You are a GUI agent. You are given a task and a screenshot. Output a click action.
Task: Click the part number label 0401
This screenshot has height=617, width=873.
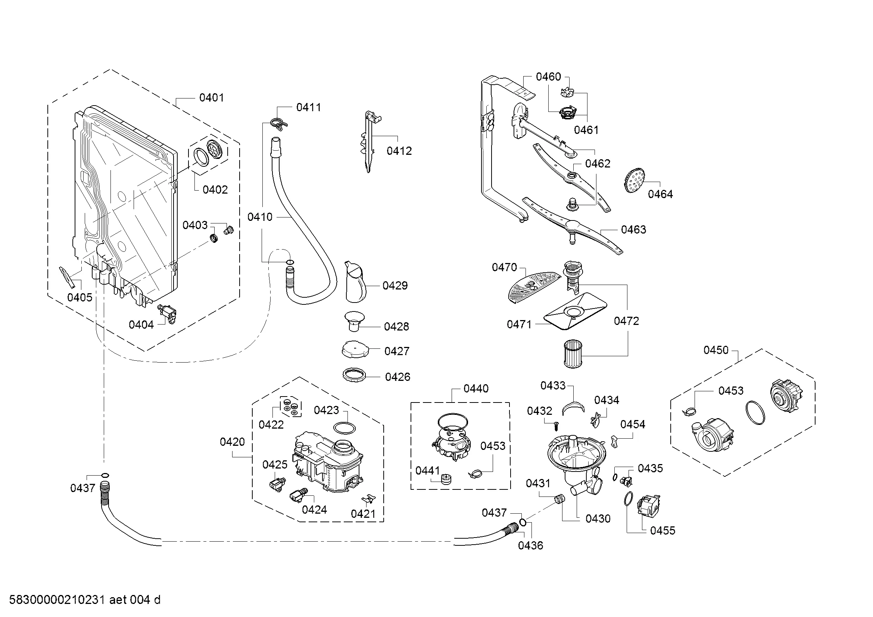(211, 98)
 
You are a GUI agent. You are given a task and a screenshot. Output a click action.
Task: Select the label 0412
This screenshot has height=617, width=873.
(399, 151)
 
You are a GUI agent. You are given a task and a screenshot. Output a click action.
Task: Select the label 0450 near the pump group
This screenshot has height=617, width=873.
(715, 350)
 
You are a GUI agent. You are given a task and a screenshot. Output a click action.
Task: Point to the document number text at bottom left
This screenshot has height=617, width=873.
(84, 600)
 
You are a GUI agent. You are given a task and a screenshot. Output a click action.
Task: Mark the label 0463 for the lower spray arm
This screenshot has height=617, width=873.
(633, 229)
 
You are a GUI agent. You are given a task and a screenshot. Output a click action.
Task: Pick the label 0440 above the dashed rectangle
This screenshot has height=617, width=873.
(476, 389)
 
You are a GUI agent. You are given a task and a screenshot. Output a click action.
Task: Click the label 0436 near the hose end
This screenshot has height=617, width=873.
(530, 546)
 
